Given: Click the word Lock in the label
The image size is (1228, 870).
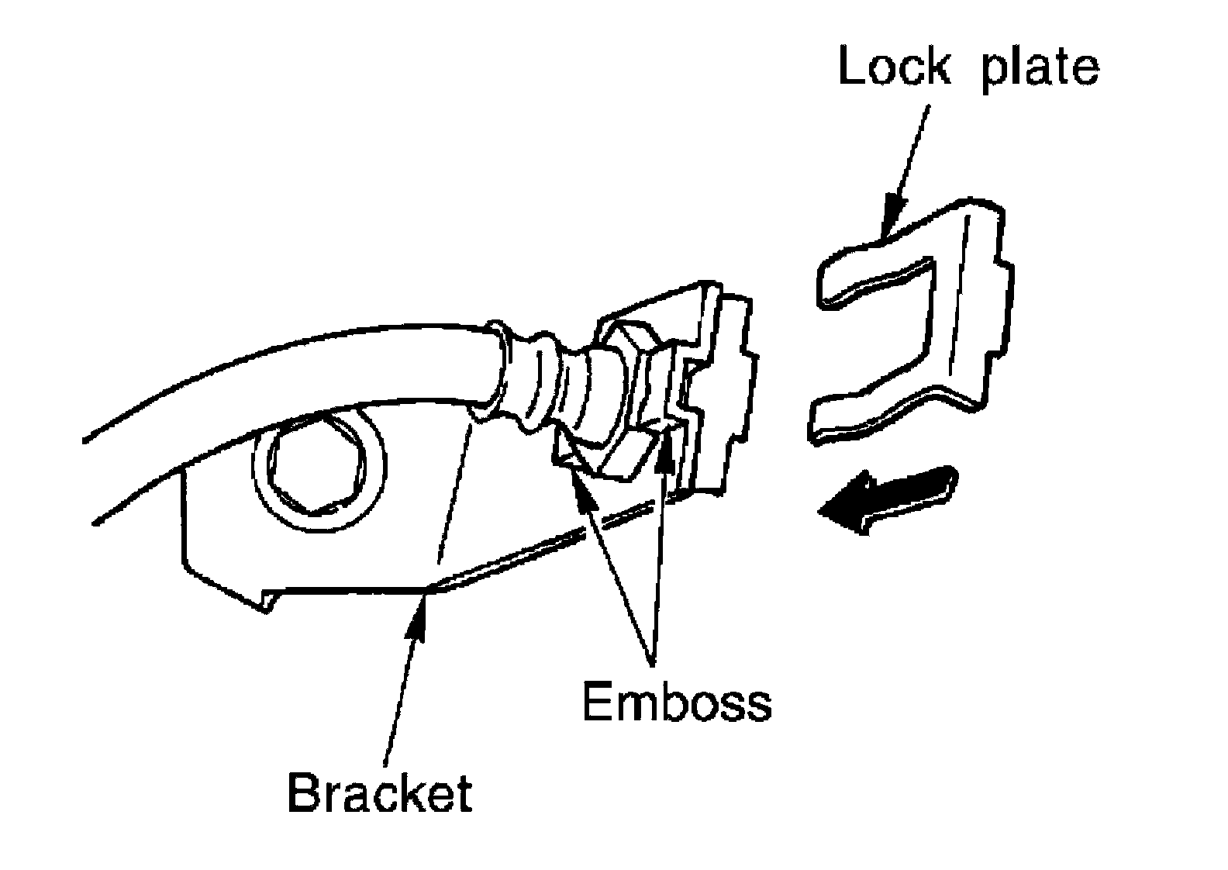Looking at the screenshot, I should click(893, 67).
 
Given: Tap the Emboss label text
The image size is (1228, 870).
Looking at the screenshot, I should click(676, 703).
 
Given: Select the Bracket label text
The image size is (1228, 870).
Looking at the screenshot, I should click(379, 792).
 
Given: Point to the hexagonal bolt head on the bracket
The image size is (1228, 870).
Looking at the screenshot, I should click(318, 464).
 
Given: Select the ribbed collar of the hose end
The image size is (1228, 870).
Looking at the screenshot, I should click(535, 380).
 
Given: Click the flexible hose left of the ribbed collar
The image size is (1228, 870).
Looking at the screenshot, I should click(349, 364).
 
